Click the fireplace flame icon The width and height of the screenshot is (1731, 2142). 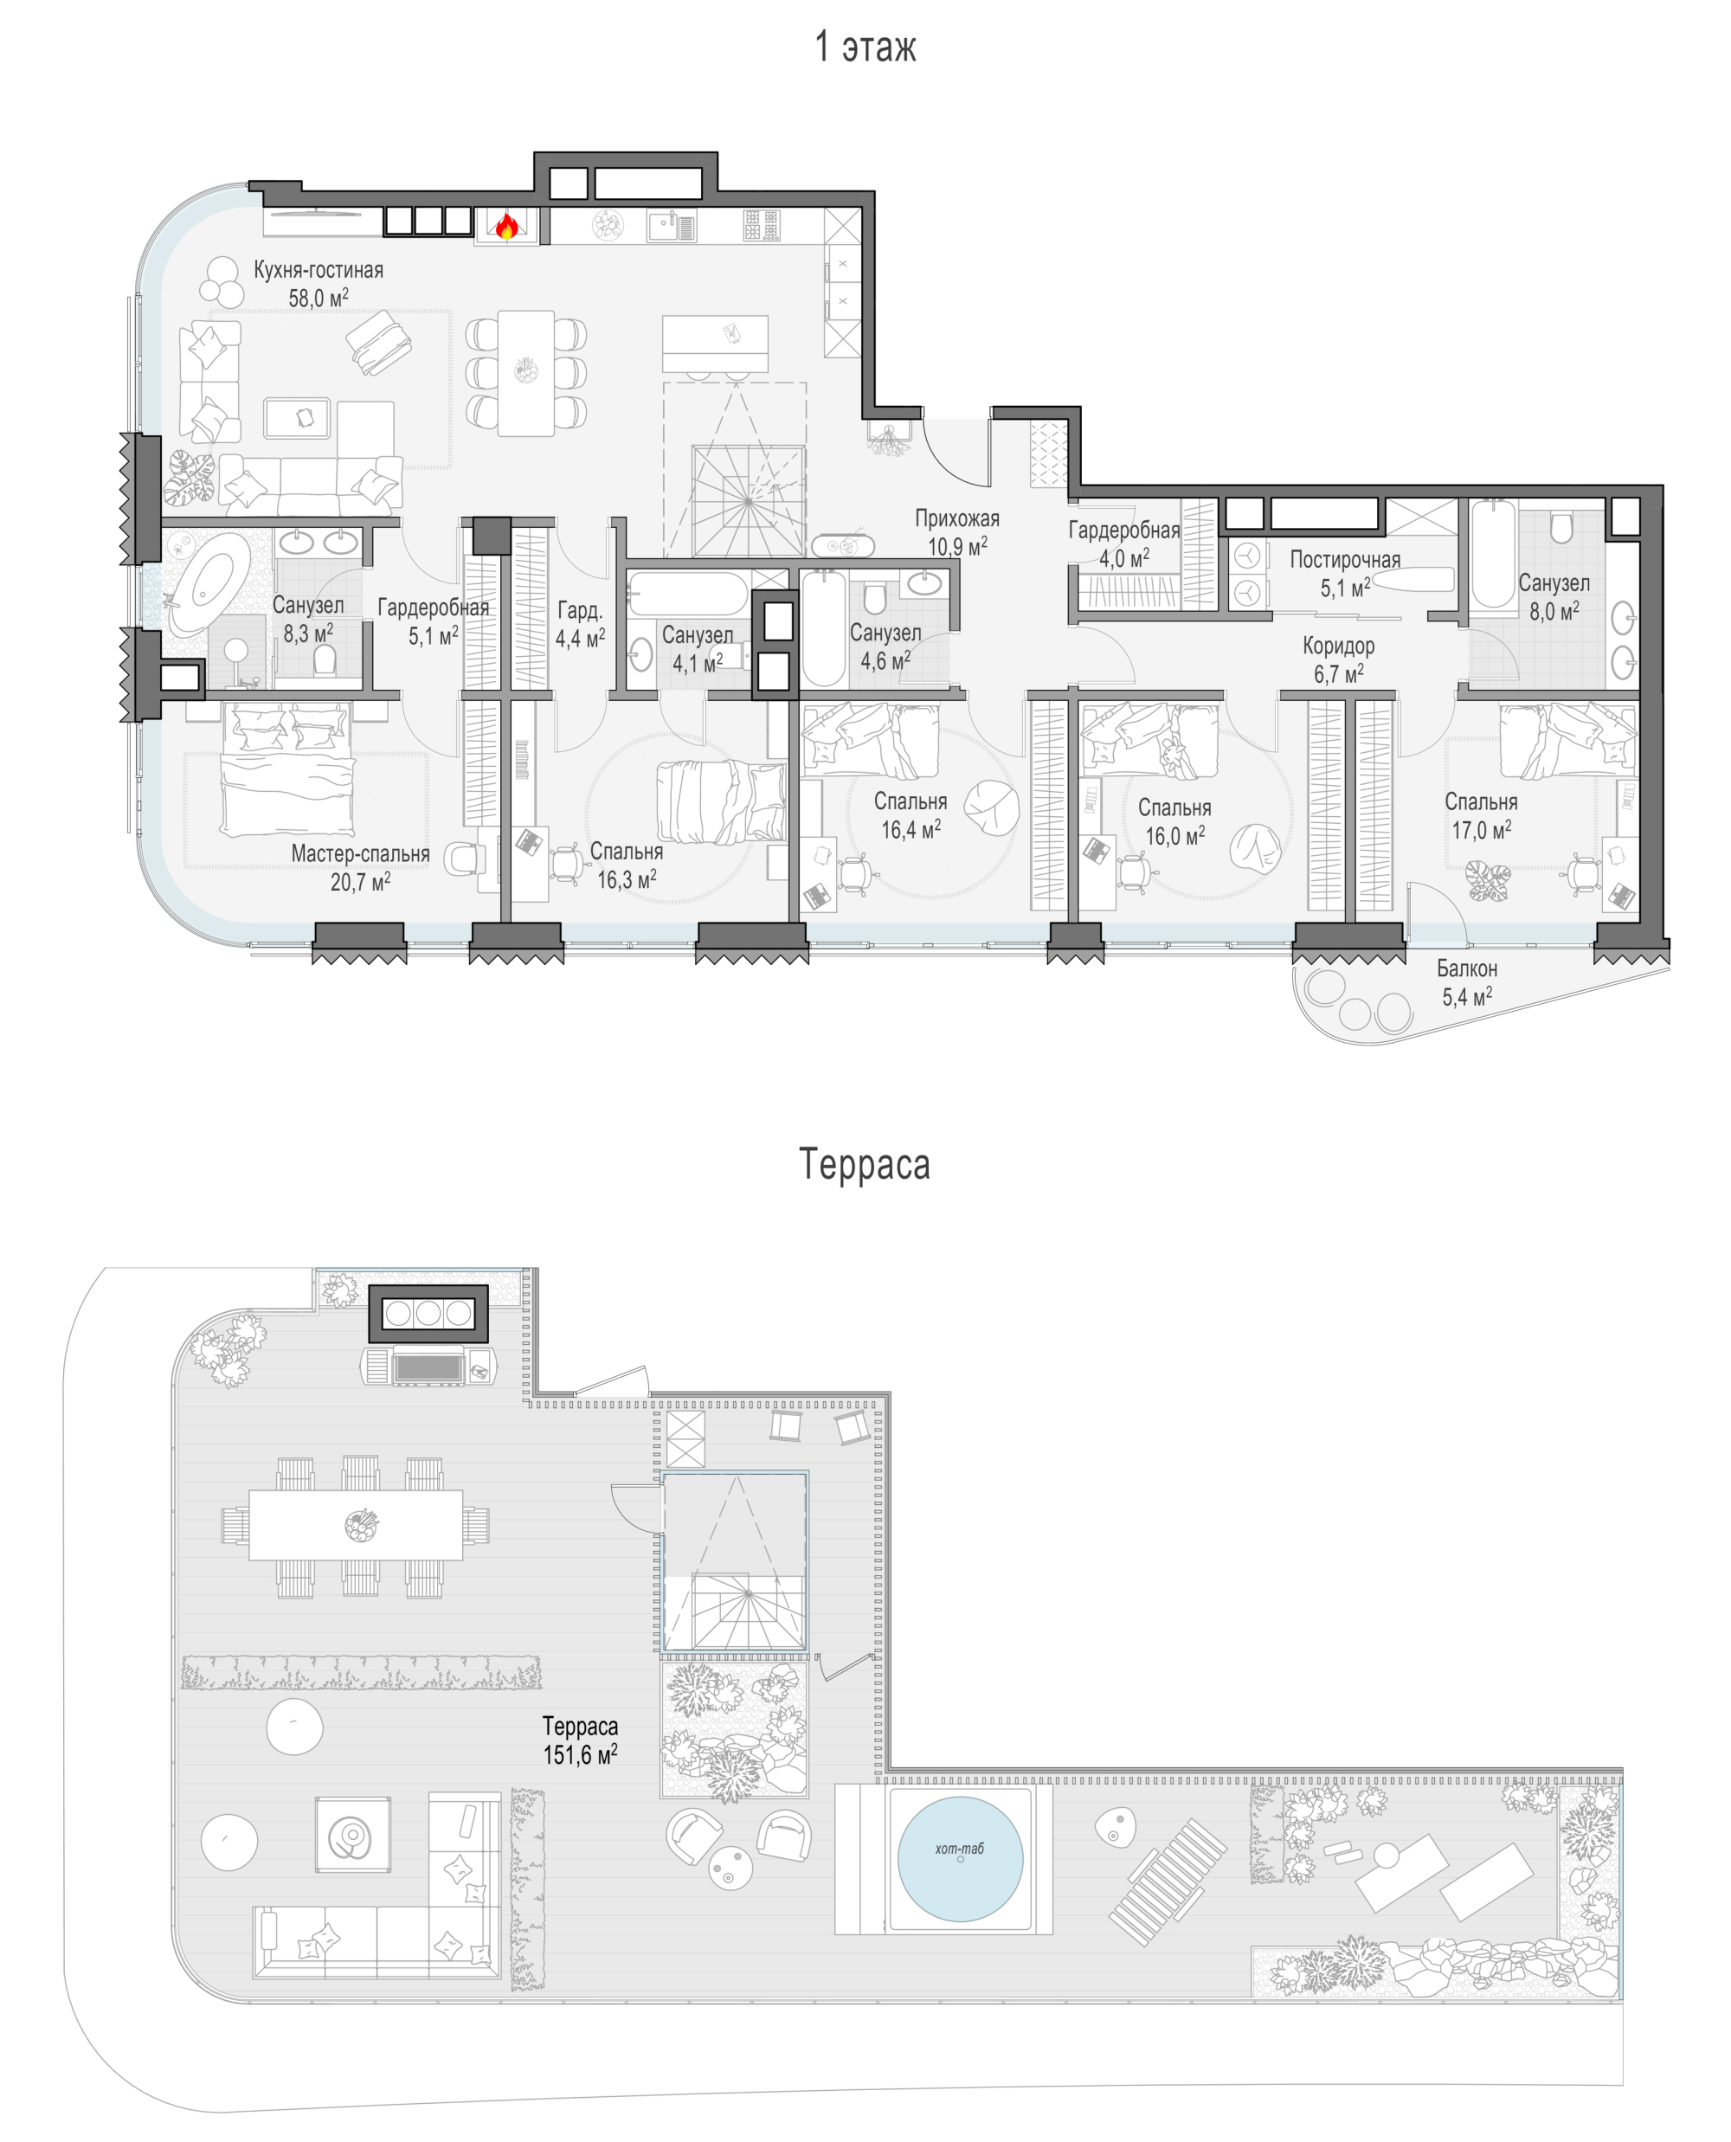506,227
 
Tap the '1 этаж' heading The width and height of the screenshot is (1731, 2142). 865,47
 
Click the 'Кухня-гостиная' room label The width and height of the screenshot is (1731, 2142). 319,269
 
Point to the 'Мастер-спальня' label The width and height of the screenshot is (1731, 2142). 360,853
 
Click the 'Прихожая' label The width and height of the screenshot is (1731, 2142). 957,518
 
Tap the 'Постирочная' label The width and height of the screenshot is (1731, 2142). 1345,559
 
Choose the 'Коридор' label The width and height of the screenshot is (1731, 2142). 1338,645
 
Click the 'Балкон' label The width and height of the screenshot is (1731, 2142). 1467,968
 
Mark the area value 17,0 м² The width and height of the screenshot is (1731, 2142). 1481,830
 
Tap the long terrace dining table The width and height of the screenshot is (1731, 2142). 356,1525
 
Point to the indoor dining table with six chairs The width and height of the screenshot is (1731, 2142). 526,373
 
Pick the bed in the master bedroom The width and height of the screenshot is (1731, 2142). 287,769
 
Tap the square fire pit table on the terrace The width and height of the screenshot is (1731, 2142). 353,1835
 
